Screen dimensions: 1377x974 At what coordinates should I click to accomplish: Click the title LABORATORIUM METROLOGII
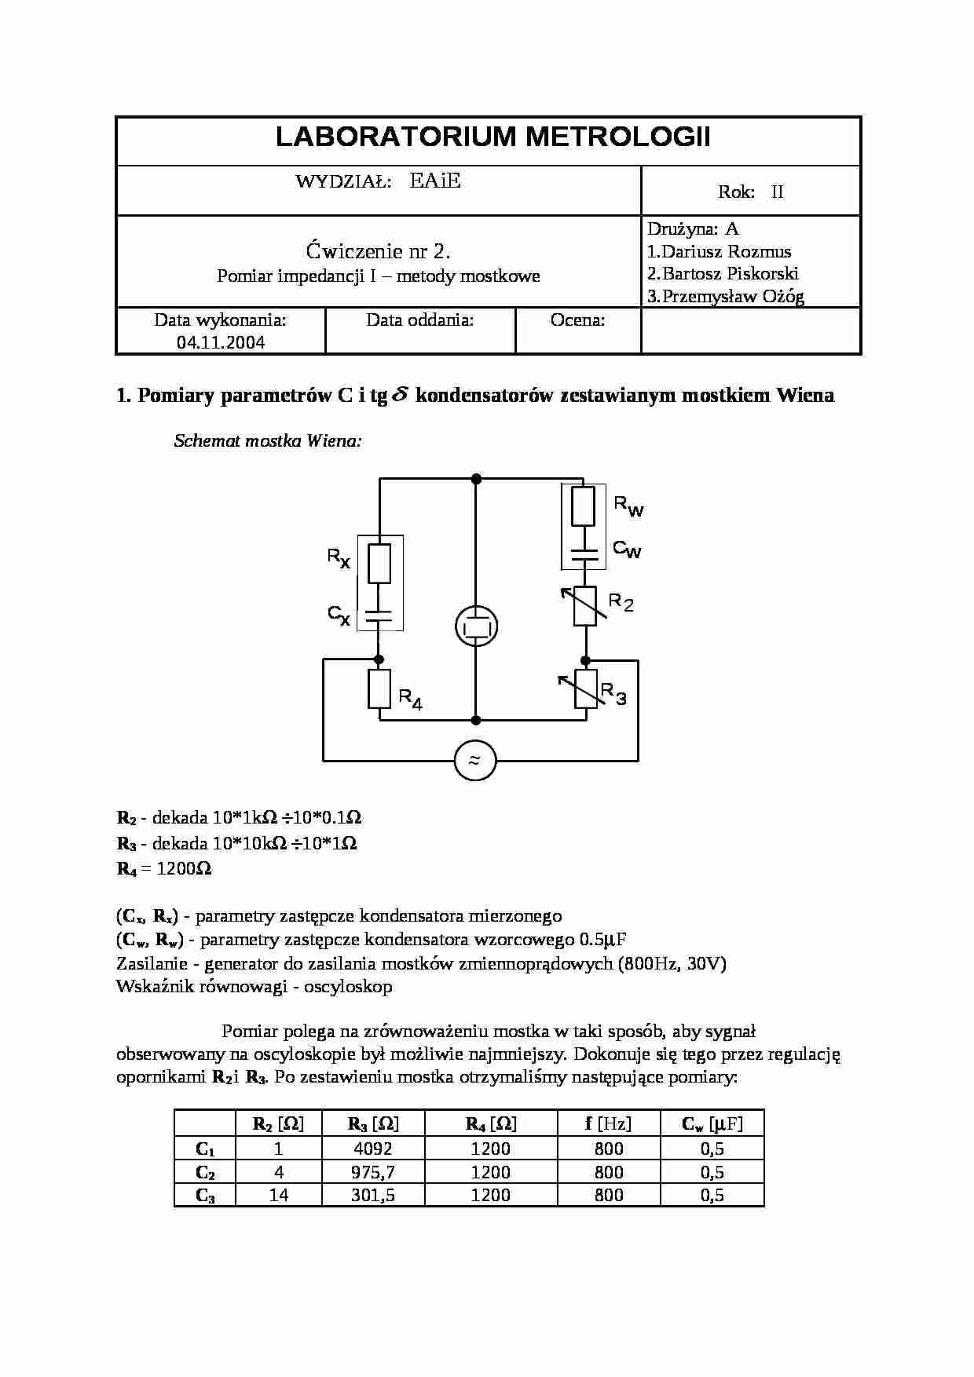point(492,137)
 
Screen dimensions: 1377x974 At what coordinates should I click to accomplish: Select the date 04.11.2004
point(221,342)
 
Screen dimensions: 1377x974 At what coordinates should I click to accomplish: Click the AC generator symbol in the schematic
point(475,760)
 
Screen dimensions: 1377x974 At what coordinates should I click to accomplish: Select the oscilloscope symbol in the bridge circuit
point(476,626)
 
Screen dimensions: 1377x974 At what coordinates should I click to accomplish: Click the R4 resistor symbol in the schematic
point(379,688)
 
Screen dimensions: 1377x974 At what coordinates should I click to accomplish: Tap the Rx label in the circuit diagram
point(339,558)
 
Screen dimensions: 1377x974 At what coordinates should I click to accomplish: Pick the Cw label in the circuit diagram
point(627,550)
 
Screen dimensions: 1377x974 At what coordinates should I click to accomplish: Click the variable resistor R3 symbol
point(585,688)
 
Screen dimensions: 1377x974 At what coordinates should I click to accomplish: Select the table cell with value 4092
point(373,1149)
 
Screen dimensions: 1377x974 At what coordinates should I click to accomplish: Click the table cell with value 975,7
point(373,1172)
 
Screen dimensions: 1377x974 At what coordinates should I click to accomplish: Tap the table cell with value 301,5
point(373,1195)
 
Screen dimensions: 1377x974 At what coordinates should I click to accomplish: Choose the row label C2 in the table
point(205,1173)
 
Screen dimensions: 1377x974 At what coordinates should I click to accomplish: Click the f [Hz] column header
point(608,1123)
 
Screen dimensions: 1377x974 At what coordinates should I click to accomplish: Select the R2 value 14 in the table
point(279,1195)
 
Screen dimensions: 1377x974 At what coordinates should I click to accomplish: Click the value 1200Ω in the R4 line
point(184,868)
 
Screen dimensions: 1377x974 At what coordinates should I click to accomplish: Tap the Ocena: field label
point(577,320)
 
